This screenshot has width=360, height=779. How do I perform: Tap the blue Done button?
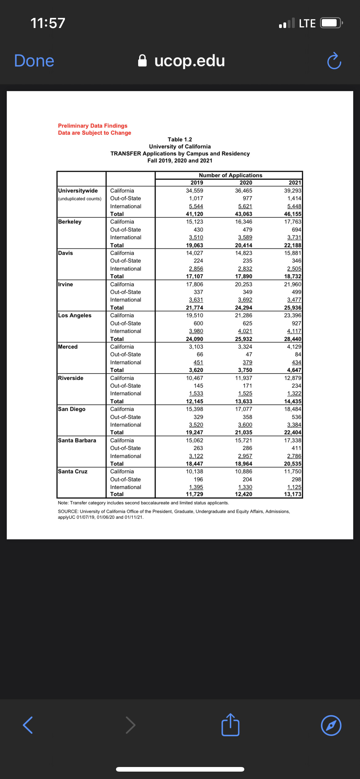(x=34, y=61)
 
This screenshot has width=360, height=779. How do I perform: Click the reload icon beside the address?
(x=334, y=61)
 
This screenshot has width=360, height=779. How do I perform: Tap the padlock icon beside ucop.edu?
(x=142, y=61)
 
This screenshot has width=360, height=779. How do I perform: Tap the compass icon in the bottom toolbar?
(x=331, y=725)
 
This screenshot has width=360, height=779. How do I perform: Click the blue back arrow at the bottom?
(x=28, y=725)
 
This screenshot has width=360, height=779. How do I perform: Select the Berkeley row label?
(x=70, y=222)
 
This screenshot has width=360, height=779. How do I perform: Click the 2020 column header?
(x=246, y=183)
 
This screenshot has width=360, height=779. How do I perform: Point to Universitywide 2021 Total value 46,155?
(x=292, y=214)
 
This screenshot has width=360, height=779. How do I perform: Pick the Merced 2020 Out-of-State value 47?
(x=249, y=354)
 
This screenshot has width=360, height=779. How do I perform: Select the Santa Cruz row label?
(x=73, y=472)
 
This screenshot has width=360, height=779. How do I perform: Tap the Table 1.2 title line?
(x=180, y=140)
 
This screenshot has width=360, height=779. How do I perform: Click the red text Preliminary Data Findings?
(x=93, y=126)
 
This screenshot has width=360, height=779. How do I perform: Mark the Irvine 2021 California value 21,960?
(x=292, y=284)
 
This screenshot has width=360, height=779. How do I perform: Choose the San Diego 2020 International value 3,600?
(x=245, y=425)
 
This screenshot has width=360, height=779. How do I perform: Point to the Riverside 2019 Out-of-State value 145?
(x=198, y=386)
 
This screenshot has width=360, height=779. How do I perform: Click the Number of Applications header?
(x=230, y=175)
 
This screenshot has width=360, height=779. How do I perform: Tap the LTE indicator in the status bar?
(x=307, y=23)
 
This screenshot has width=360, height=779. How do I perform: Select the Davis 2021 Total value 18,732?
(x=292, y=277)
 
